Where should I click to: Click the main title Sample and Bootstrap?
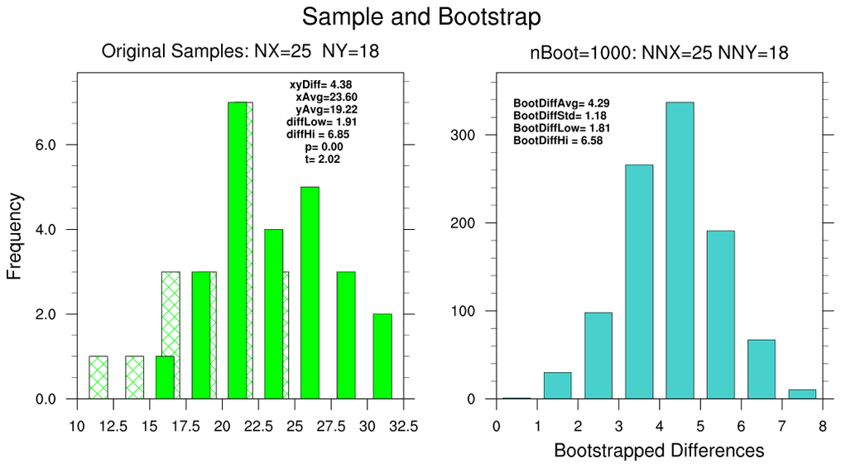pyautogui.click(x=420, y=17)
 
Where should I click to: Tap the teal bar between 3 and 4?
pyautogui.click(x=639, y=282)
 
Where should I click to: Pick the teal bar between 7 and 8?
pyautogui.click(x=801, y=394)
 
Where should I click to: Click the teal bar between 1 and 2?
pyautogui.click(x=557, y=385)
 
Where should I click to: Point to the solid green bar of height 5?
pyautogui.click(x=310, y=293)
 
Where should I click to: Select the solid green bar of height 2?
pyautogui.click(x=382, y=356)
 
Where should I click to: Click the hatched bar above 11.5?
pyautogui.click(x=99, y=378)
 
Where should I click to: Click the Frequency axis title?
pyautogui.click(x=15, y=236)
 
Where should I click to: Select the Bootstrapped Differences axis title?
pyautogui.click(x=658, y=451)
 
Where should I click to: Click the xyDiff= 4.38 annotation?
pyautogui.click(x=321, y=84)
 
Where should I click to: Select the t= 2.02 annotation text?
pyautogui.click(x=323, y=159)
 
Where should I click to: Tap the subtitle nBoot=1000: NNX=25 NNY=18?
pyautogui.click(x=658, y=53)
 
